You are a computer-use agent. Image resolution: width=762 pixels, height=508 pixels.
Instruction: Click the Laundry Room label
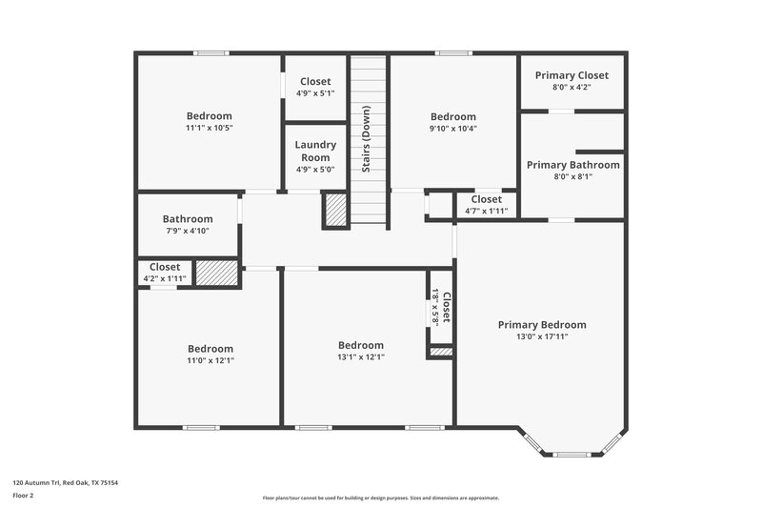tap(315, 151)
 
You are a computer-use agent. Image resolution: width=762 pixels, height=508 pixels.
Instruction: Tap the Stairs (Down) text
tap(366, 138)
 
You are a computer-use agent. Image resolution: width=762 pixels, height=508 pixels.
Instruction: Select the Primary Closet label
tap(571, 75)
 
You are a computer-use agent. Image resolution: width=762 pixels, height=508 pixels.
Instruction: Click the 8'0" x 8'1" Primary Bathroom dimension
tap(572, 176)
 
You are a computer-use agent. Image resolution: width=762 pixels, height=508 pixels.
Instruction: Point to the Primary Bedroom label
tap(542, 325)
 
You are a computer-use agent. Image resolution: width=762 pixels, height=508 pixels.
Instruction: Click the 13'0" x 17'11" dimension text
tap(542, 336)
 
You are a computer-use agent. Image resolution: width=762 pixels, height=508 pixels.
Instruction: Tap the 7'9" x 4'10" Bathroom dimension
tap(187, 231)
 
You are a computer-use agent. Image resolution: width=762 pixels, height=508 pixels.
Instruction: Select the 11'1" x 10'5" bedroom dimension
tap(210, 128)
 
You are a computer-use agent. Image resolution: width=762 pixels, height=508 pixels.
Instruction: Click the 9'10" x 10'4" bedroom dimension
tap(452, 129)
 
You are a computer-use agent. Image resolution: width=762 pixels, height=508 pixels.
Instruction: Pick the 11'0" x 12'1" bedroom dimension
tap(210, 360)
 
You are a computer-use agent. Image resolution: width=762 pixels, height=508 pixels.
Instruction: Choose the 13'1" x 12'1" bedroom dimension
tap(361, 356)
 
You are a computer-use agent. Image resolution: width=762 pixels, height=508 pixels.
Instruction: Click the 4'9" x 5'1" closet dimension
tap(315, 93)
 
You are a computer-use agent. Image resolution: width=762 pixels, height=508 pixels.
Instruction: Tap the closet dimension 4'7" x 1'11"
tap(486, 211)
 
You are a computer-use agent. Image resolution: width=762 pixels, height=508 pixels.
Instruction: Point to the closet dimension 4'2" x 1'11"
tap(165, 278)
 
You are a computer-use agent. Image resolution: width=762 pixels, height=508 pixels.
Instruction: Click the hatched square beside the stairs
tap(335, 210)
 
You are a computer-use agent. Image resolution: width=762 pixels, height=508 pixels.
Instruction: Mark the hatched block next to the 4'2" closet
tap(210, 273)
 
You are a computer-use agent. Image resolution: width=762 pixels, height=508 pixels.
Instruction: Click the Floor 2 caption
tap(24, 497)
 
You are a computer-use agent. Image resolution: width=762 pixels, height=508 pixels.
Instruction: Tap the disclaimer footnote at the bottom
tap(380, 498)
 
